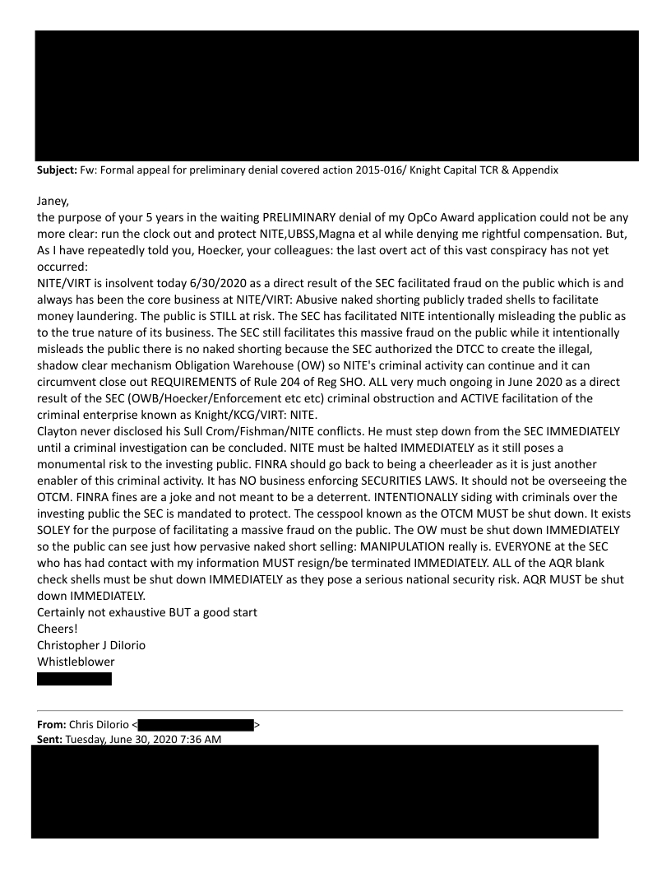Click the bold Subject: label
(56, 170)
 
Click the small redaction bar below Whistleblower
(75, 679)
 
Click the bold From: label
(53, 724)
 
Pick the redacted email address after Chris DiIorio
(196, 724)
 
